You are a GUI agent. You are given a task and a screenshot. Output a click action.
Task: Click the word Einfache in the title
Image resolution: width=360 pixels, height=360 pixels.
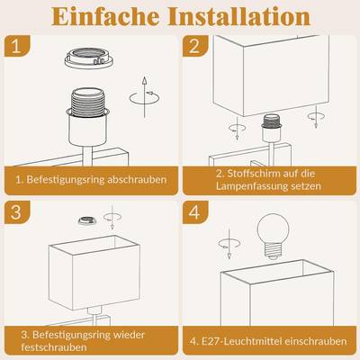pos(105,16)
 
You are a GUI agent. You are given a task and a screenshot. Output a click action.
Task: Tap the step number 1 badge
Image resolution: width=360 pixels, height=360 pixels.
pos(17,46)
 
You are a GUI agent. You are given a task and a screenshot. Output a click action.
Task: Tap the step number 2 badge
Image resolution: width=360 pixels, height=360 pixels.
pos(195,46)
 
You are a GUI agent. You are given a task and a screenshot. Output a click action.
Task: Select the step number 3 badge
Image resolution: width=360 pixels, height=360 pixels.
pos(17,212)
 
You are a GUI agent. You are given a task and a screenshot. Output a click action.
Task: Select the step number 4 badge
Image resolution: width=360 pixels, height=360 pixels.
pos(195,212)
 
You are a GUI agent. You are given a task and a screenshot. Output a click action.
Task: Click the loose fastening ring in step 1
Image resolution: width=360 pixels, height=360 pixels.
pos(89,58)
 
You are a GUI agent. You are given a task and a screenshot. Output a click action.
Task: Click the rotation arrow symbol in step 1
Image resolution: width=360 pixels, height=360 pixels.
pos(144,97)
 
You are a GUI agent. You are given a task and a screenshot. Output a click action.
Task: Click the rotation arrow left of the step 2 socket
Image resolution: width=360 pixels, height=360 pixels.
pos(237,129)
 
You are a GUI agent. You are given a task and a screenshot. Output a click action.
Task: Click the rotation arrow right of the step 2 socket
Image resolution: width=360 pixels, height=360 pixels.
pos(316,116)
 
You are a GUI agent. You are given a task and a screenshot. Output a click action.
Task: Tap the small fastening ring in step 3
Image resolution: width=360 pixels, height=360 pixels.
pos(87,220)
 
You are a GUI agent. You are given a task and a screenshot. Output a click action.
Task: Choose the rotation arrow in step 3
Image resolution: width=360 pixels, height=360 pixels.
pos(112,217)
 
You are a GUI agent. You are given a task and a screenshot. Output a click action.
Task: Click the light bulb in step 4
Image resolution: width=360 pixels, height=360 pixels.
pos(274,236)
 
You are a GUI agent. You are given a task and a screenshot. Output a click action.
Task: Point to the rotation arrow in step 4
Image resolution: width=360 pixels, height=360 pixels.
pos(229,244)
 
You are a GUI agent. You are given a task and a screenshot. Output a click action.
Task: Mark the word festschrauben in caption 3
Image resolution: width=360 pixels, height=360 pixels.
pos(54,347)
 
